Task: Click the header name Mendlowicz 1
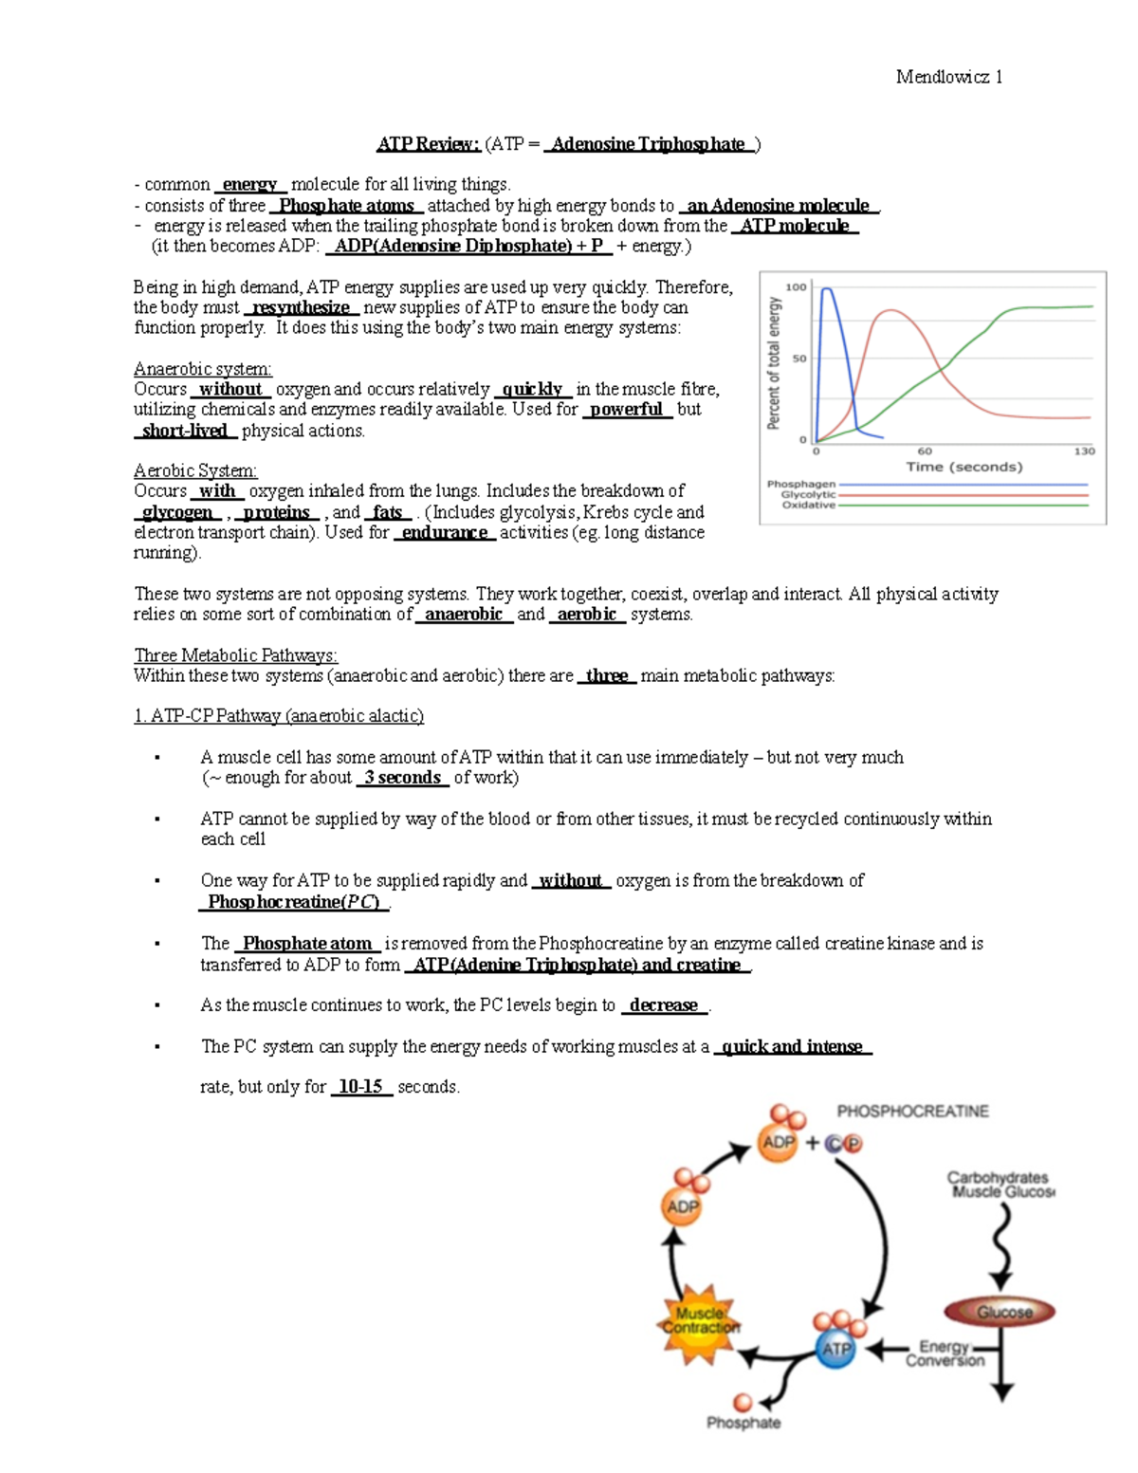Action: tap(948, 77)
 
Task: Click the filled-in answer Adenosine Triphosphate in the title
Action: tap(649, 144)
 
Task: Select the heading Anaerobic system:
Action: tap(203, 368)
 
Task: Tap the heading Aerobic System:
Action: tap(195, 470)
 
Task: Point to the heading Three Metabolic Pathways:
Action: tap(235, 655)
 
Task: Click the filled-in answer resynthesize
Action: tap(301, 307)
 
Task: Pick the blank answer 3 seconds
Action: tap(403, 778)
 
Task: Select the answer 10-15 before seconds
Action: tap(360, 1087)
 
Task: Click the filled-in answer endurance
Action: tap(445, 533)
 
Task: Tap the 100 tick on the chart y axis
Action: tap(796, 287)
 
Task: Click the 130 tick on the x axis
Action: tap(1084, 451)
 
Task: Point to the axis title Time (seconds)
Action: tap(964, 467)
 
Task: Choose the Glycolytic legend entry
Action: tap(808, 494)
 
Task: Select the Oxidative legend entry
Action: tap(808, 505)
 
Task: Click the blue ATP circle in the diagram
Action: tap(835, 1348)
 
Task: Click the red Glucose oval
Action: tap(1001, 1313)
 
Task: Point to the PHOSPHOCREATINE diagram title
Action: tap(912, 1111)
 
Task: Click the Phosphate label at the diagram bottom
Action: tap(743, 1423)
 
